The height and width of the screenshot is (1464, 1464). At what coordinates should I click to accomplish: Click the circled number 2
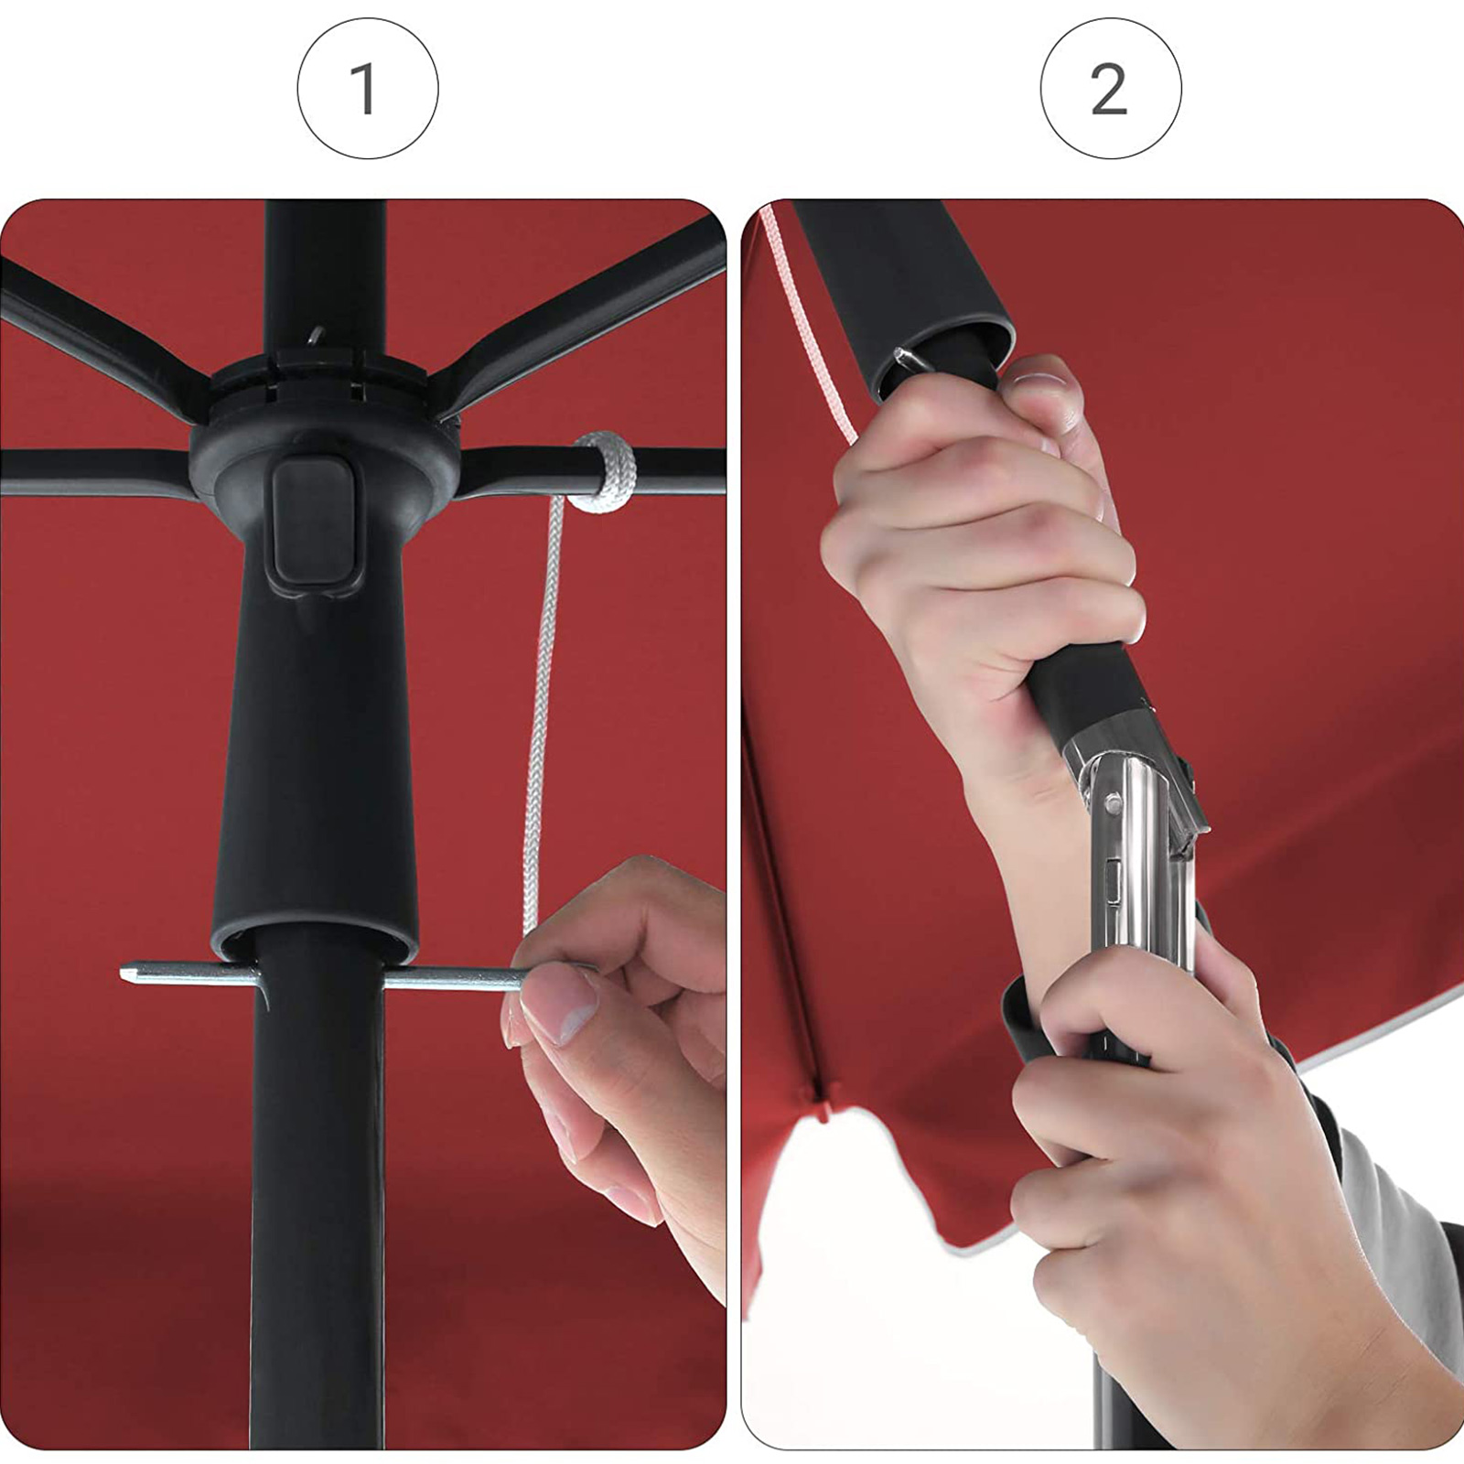(1109, 90)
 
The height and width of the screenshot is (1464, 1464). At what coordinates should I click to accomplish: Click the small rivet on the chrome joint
(1114, 805)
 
